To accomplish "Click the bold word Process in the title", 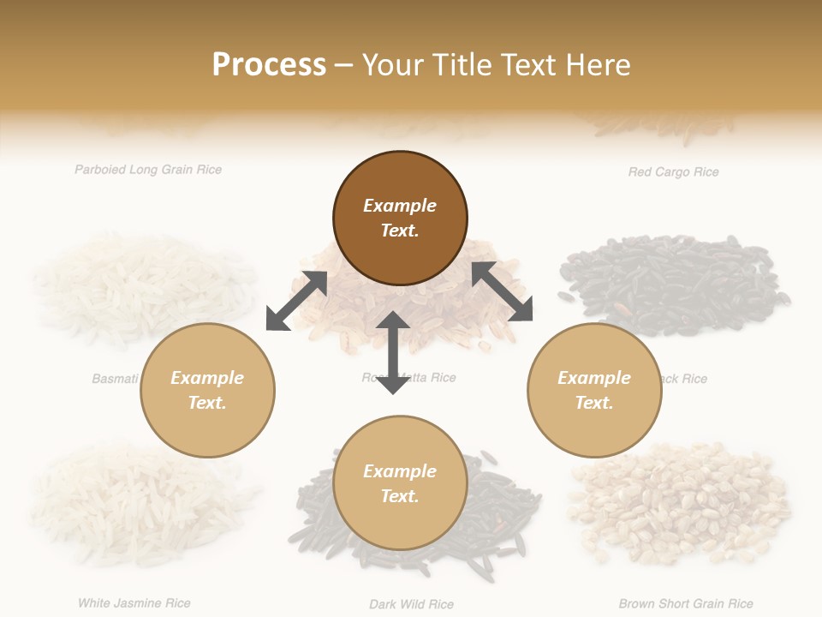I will [x=269, y=64].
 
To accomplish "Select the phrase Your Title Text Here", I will [x=496, y=64].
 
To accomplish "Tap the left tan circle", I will [x=207, y=390].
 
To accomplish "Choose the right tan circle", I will [x=594, y=390].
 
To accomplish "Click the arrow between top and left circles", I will [x=297, y=301].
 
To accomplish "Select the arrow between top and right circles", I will [x=502, y=291].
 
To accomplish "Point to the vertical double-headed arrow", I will [x=393, y=352].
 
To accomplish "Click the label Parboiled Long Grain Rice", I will [x=148, y=170].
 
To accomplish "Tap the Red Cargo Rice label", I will [x=673, y=172].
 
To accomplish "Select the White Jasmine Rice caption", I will [x=134, y=603].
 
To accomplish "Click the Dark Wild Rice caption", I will [x=411, y=604].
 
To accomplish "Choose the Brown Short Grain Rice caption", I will [x=686, y=604].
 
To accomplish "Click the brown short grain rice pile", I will [x=681, y=501].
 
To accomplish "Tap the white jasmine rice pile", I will [x=137, y=497].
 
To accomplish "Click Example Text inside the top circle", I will [x=400, y=218].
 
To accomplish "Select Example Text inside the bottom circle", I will [x=400, y=483].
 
